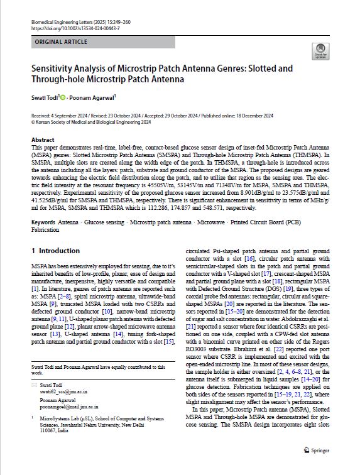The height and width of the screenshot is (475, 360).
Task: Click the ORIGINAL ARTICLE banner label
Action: (x=61, y=43)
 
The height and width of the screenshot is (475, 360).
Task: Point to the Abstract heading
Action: (x=42, y=140)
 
